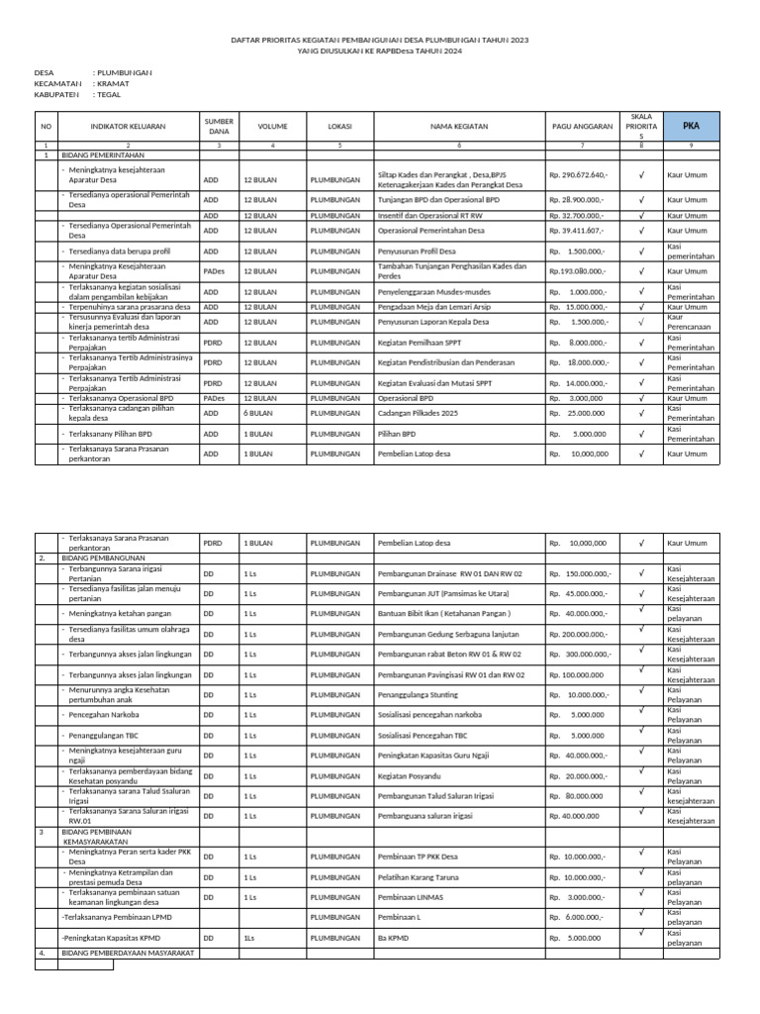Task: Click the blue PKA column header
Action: pyautogui.click(x=691, y=127)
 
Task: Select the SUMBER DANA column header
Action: pyautogui.click(x=218, y=127)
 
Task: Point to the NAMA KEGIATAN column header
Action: pyautogui.click(x=459, y=127)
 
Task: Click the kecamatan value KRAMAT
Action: pyautogui.click(x=114, y=84)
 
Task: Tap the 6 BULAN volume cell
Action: pyautogui.click(x=259, y=413)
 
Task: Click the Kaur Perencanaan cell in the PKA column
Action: pyautogui.click(x=690, y=322)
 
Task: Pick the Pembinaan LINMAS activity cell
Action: pyautogui.click(x=412, y=897)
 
